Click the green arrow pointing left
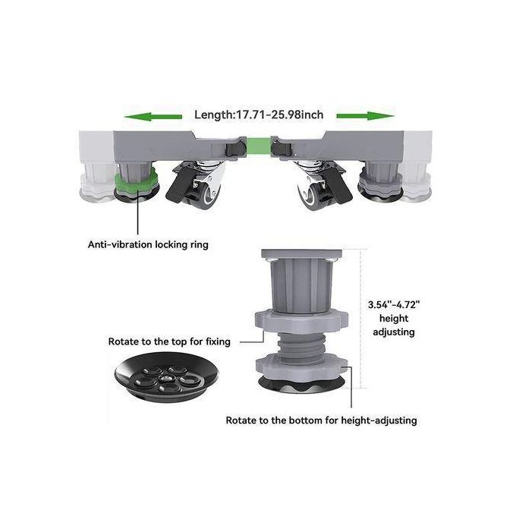coord(153,117)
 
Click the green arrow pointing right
coord(365,116)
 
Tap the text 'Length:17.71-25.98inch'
coord(259,115)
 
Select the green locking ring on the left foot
coord(137,182)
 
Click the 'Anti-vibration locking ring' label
coord(148,244)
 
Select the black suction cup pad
coord(166,377)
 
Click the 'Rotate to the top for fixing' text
coord(169,341)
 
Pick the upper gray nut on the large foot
coord(301,321)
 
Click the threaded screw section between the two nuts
coord(301,343)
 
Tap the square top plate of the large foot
coord(301,253)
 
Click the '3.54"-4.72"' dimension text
coord(394,305)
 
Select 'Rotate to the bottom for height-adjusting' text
coord(321,420)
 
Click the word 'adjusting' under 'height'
coord(394,332)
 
